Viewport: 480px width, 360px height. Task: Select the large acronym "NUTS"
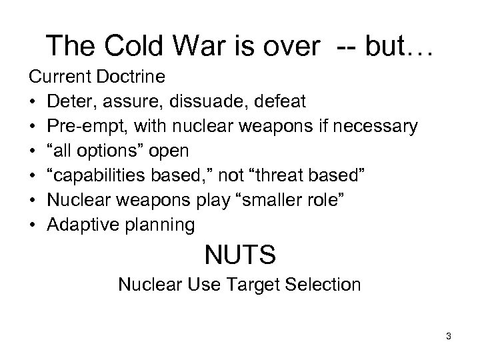[x=240, y=255]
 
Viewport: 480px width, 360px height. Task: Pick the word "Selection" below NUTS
[x=324, y=285]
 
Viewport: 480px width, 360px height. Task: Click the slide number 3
[x=449, y=337]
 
